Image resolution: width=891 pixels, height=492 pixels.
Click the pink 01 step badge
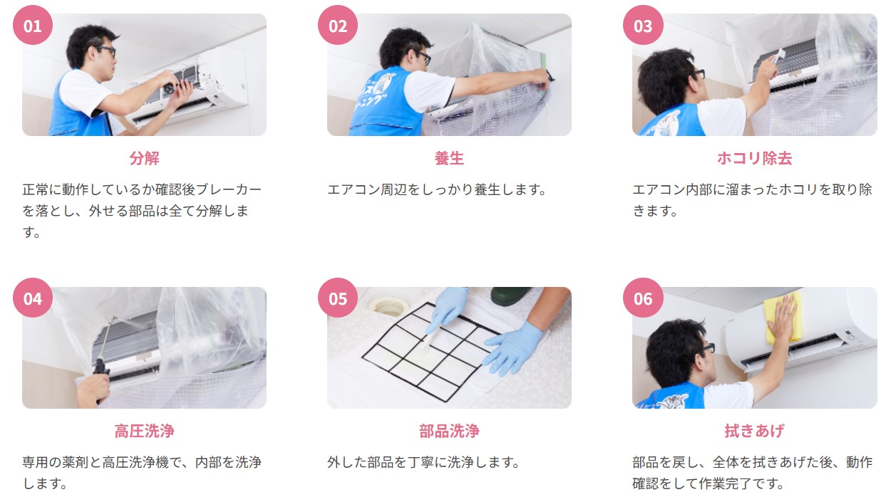(33, 25)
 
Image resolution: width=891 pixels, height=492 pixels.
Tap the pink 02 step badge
(338, 25)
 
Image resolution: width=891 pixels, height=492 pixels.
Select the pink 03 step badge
(643, 25)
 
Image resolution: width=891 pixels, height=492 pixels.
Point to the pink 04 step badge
(33, 298)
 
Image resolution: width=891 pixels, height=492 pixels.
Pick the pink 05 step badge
(338, 298)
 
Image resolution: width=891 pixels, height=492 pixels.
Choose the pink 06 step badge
(643, 298)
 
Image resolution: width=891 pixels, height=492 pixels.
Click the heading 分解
(144, 158)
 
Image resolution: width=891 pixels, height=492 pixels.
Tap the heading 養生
(449, 158)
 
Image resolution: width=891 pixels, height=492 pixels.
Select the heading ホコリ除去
(755, 158)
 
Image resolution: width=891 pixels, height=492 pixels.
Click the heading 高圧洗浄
(144, 431)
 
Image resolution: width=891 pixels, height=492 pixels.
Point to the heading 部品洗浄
(449, 431)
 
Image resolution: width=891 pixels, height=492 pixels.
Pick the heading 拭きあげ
(755, 431)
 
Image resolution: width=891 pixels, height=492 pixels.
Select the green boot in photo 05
(510, 295)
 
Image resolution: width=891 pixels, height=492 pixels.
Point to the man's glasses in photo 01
(107, 51)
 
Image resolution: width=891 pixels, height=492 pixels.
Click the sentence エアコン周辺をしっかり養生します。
(437, 189)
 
